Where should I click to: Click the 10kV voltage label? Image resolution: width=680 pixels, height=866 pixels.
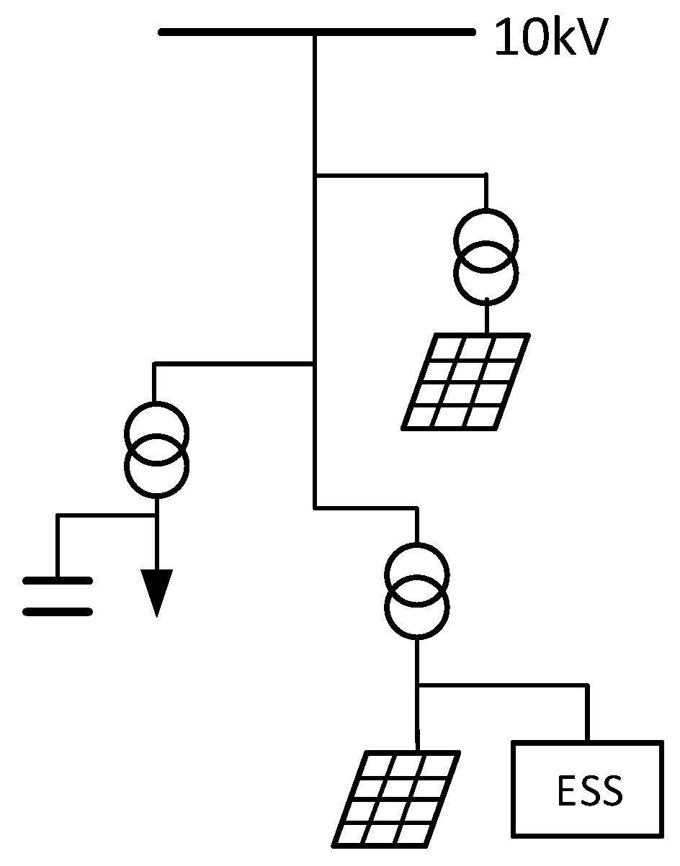click(551, 39)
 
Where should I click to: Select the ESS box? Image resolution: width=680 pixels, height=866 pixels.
click(587, 790)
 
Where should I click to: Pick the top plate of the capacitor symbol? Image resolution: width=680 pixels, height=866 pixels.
click(58, 580)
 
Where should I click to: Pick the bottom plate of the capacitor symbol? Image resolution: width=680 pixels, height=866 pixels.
click(58, 612)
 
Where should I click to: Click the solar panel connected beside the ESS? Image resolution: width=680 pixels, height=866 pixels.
click(396, 798)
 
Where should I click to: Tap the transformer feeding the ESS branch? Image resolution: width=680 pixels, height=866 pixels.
click(417, 590)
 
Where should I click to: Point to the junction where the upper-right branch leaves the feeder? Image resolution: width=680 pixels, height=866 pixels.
click(315, 174)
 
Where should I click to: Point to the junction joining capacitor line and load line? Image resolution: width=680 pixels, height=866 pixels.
click(156, 515)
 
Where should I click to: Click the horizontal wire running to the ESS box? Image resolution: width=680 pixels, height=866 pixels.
click(504, 685)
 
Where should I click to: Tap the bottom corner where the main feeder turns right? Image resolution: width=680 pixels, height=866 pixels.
click(315, 508)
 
